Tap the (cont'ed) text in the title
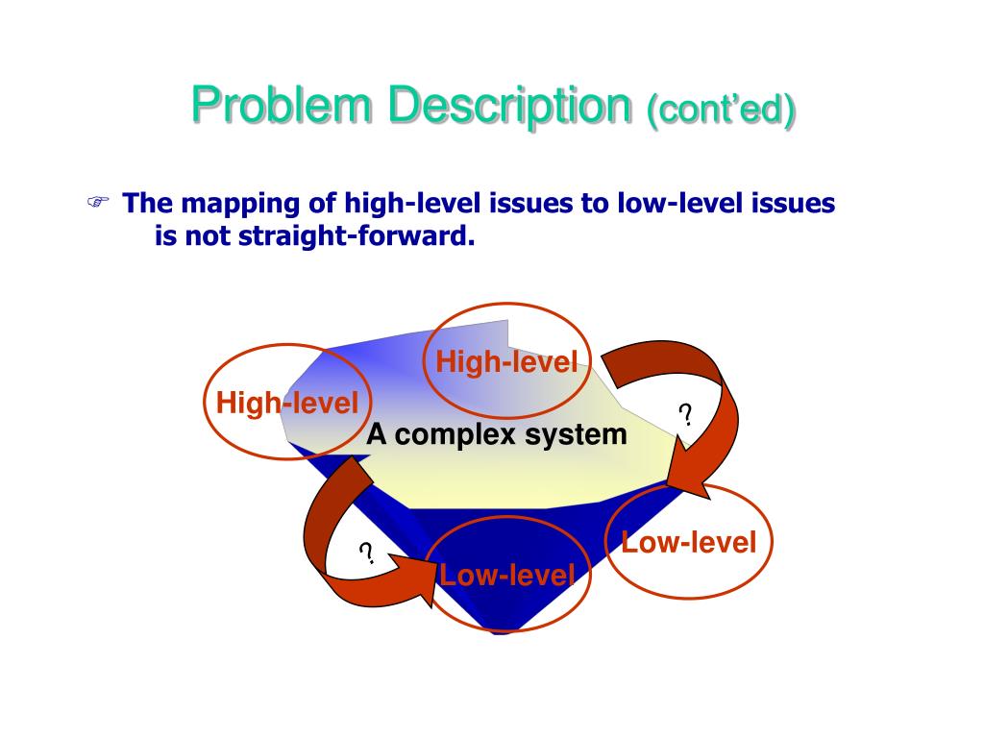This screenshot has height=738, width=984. tap(722, 110)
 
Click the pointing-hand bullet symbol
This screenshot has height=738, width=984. tap(97, 203)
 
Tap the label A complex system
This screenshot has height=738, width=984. tap(497, 434)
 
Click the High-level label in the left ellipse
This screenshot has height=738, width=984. tap(286, 403)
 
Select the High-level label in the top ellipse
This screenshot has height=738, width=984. tap(506, 362)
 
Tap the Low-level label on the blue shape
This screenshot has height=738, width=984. tap(506, 576)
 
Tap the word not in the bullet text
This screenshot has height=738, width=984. tap(201, 235)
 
